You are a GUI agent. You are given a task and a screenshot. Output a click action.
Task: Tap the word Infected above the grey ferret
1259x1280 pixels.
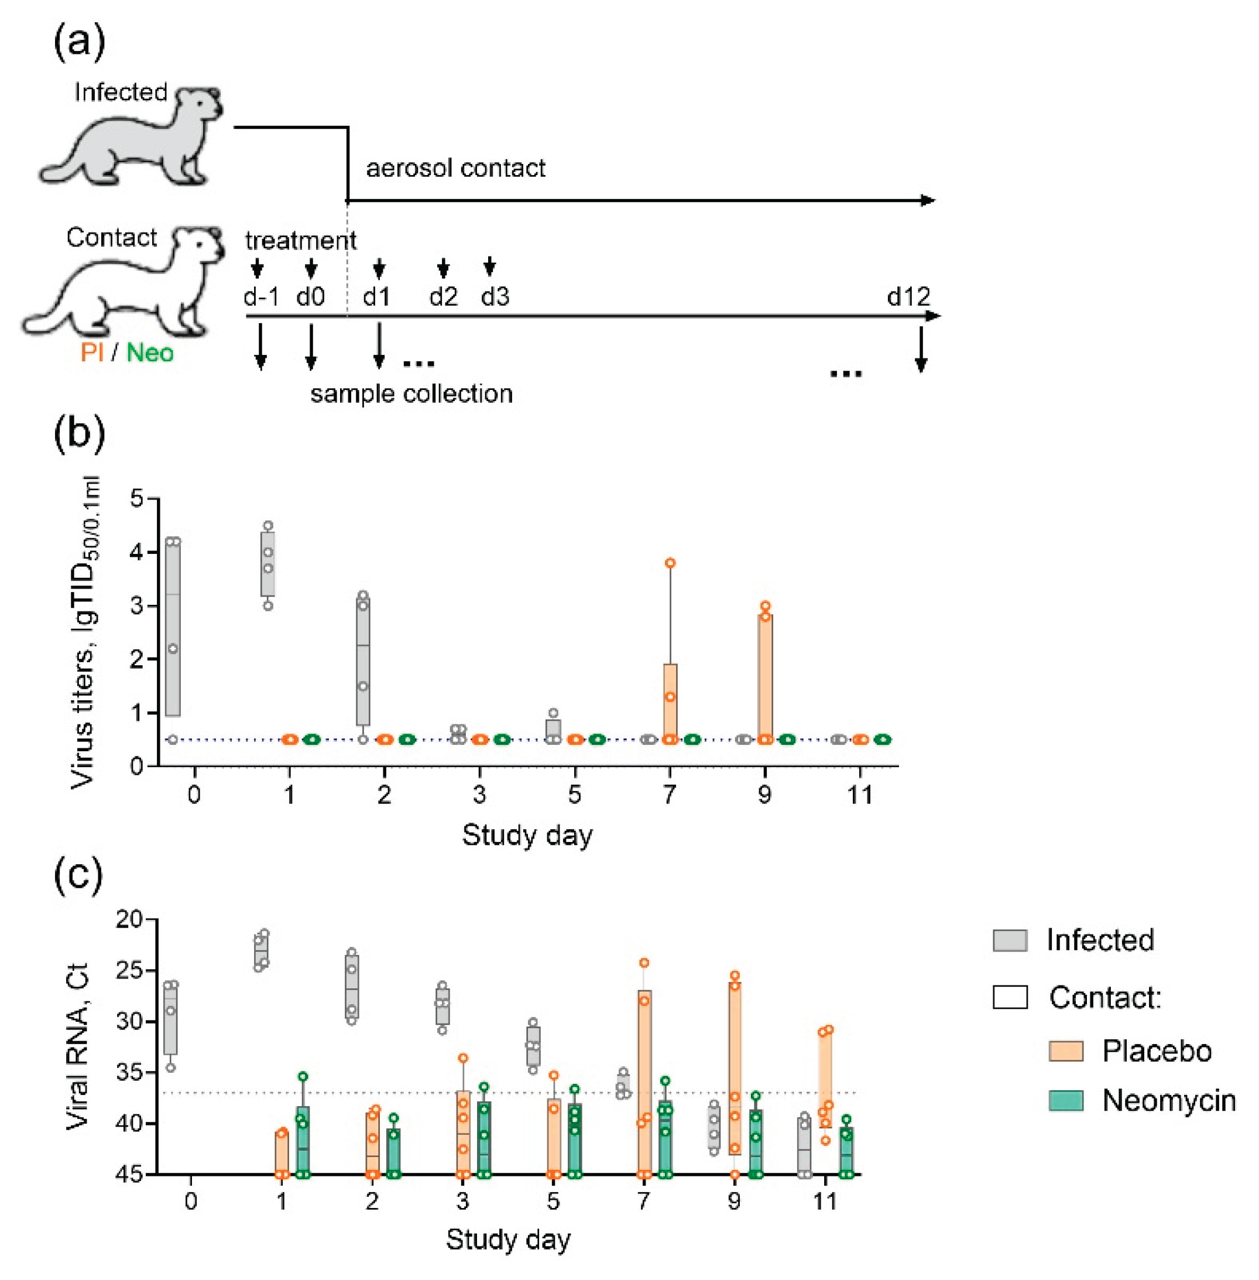(x=121, y=92)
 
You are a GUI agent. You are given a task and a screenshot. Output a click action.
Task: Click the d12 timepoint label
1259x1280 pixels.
(x=908, y=296)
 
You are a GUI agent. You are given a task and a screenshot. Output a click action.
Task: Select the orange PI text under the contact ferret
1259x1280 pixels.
(x=91, y=352)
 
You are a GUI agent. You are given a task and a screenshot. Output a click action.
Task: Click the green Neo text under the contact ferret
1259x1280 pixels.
(x=150, y=352)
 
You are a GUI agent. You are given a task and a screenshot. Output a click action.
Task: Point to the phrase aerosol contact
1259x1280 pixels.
(x=455, y=168)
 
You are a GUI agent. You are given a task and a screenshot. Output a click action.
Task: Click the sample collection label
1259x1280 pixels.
(x=411, y=393)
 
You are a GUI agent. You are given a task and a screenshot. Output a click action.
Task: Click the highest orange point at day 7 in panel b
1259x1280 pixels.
(x=670, y=563)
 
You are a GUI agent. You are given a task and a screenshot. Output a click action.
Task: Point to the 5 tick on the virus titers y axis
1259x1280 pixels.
(x=137, y=498)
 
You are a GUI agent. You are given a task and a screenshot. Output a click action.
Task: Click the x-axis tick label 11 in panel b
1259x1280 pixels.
(x=859, y=794)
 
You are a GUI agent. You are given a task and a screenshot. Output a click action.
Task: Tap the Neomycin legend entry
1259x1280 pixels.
(x=1168, y=1100)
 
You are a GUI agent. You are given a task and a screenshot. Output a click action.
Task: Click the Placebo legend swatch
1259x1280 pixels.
(x=1066, y=1050)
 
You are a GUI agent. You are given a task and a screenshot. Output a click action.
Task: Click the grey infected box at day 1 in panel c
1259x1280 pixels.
(x=262, y=950)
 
